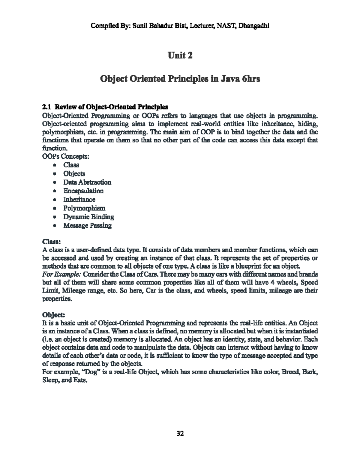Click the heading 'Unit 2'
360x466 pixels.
[180, 56]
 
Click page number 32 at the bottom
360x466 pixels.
[180, 433]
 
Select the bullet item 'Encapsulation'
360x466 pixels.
[83, 191]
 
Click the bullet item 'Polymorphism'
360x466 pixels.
[84, 208]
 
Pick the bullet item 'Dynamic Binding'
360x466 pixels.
[88, 217]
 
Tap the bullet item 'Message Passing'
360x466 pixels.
[87, 225]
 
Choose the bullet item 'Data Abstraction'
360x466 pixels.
[87, 182]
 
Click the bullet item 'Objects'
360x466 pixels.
[74, 174]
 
